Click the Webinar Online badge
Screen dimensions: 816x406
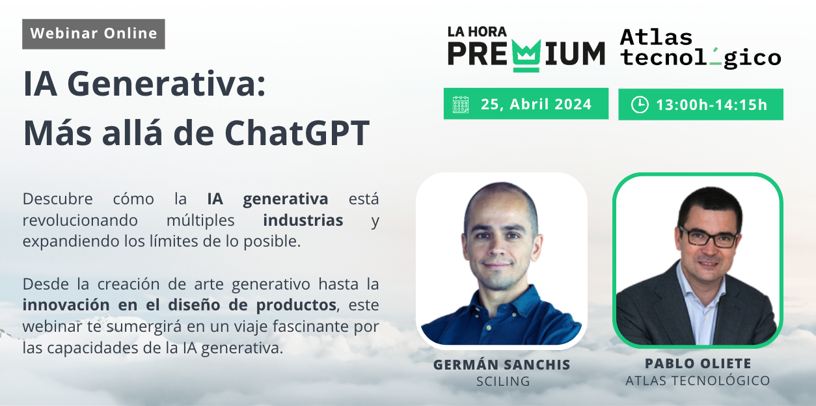(94, 34)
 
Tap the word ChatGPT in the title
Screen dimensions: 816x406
(297, 133)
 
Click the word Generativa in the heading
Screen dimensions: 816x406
(167, 84)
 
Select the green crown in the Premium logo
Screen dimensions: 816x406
(526, 55)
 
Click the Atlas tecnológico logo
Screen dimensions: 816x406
(701, 48)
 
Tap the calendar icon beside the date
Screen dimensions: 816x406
(461, 105)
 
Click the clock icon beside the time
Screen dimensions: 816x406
(640, 105)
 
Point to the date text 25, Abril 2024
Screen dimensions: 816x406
(536, 105)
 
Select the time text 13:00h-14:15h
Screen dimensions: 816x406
(711, 105)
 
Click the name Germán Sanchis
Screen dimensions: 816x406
(502, 365)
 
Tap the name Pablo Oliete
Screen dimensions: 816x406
(698, 364)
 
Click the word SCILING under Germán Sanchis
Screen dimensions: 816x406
(503, 381)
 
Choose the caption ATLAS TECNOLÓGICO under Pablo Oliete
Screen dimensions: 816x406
(698, 381)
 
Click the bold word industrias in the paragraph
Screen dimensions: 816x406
(303, 221)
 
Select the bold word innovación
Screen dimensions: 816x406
(66, 304)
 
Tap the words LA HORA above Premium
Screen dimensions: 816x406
(477, 32)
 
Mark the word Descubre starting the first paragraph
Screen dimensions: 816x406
(57, 199)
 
